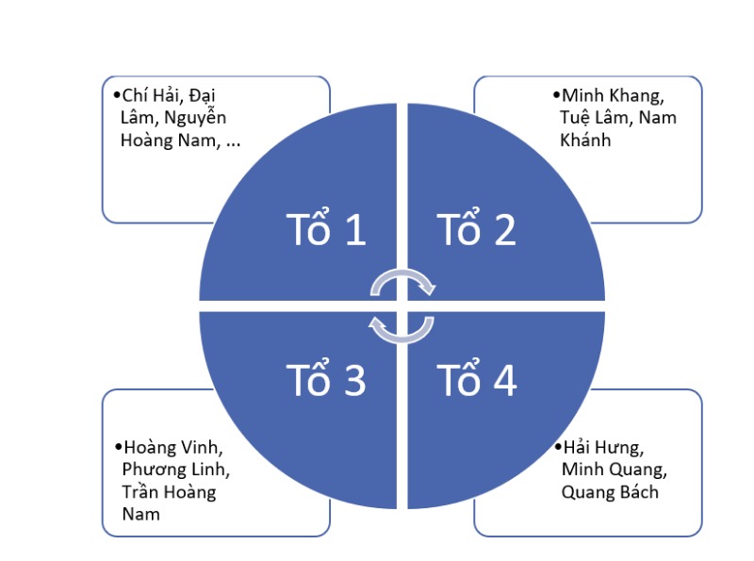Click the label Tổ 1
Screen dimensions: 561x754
point(325,229)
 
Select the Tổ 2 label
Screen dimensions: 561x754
point(477,229)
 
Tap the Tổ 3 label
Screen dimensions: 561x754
point(325,380)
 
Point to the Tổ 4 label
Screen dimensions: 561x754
point(477,380)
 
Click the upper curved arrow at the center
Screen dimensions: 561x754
point(402,282)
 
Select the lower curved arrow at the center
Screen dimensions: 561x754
point(402,327)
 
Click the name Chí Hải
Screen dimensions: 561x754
point(151,95)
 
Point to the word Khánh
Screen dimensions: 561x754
point(585,140)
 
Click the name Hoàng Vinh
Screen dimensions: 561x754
point(167,447)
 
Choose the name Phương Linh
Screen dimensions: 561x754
point(176,470)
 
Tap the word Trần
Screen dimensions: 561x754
point(140,492)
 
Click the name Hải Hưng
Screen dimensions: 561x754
point(602,447)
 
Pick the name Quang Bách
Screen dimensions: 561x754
point(611,492)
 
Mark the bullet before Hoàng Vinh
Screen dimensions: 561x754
point(117,447)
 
